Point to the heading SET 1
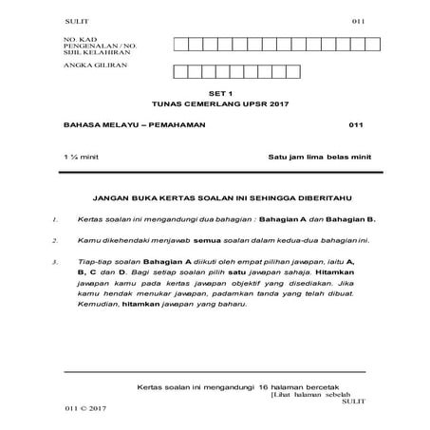[215, 95]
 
